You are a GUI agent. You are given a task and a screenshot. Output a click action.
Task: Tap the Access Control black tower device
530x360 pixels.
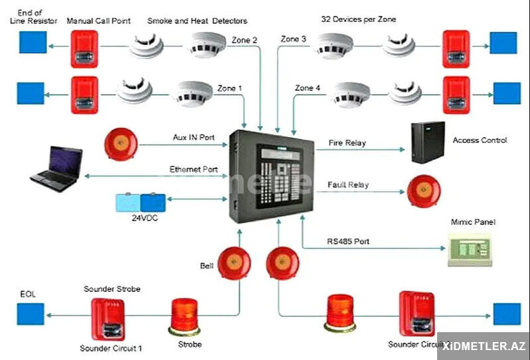click(427, 143)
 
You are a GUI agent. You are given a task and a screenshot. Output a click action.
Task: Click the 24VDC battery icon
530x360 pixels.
click(141, 202)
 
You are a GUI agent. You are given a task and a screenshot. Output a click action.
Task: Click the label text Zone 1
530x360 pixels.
click(230, 88)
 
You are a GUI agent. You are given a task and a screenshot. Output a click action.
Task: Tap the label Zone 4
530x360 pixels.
click(308, 88)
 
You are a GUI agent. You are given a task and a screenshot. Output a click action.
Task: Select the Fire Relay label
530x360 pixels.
click(347, 143)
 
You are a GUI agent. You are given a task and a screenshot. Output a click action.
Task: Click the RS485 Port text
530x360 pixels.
click(348, 241)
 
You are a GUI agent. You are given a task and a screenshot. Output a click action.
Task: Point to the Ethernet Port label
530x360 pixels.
click(194, 170)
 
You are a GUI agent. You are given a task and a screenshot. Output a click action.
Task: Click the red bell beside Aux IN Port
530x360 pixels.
click(121, 144)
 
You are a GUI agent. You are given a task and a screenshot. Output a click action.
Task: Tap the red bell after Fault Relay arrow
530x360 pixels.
click(423, 192)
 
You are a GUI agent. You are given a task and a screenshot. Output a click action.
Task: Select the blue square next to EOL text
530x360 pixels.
click(31, 314)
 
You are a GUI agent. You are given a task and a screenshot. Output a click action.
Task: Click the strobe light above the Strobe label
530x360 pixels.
click(184, 316)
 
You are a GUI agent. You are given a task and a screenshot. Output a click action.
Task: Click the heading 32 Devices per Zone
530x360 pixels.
click(358, 20)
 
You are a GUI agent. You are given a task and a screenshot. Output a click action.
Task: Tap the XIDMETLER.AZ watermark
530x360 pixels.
click(484, 346)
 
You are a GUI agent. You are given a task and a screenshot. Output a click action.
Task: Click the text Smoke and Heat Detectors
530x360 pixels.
click(197, 21)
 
